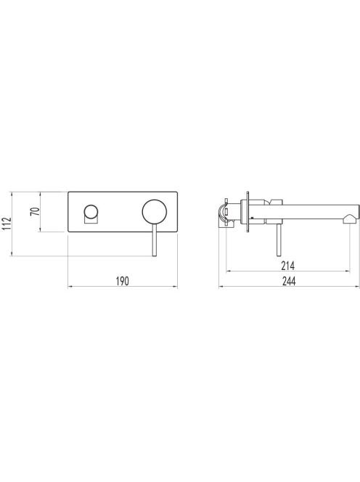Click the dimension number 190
[x=123, y=281]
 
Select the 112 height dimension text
[x=7, y=224]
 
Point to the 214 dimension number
[x=287, y=265]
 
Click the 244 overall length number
[x=288, y=281]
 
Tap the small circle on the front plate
[x=91, y=212]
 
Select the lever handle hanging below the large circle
[x=155, y=240]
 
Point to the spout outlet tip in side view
[x=350, y=219]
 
